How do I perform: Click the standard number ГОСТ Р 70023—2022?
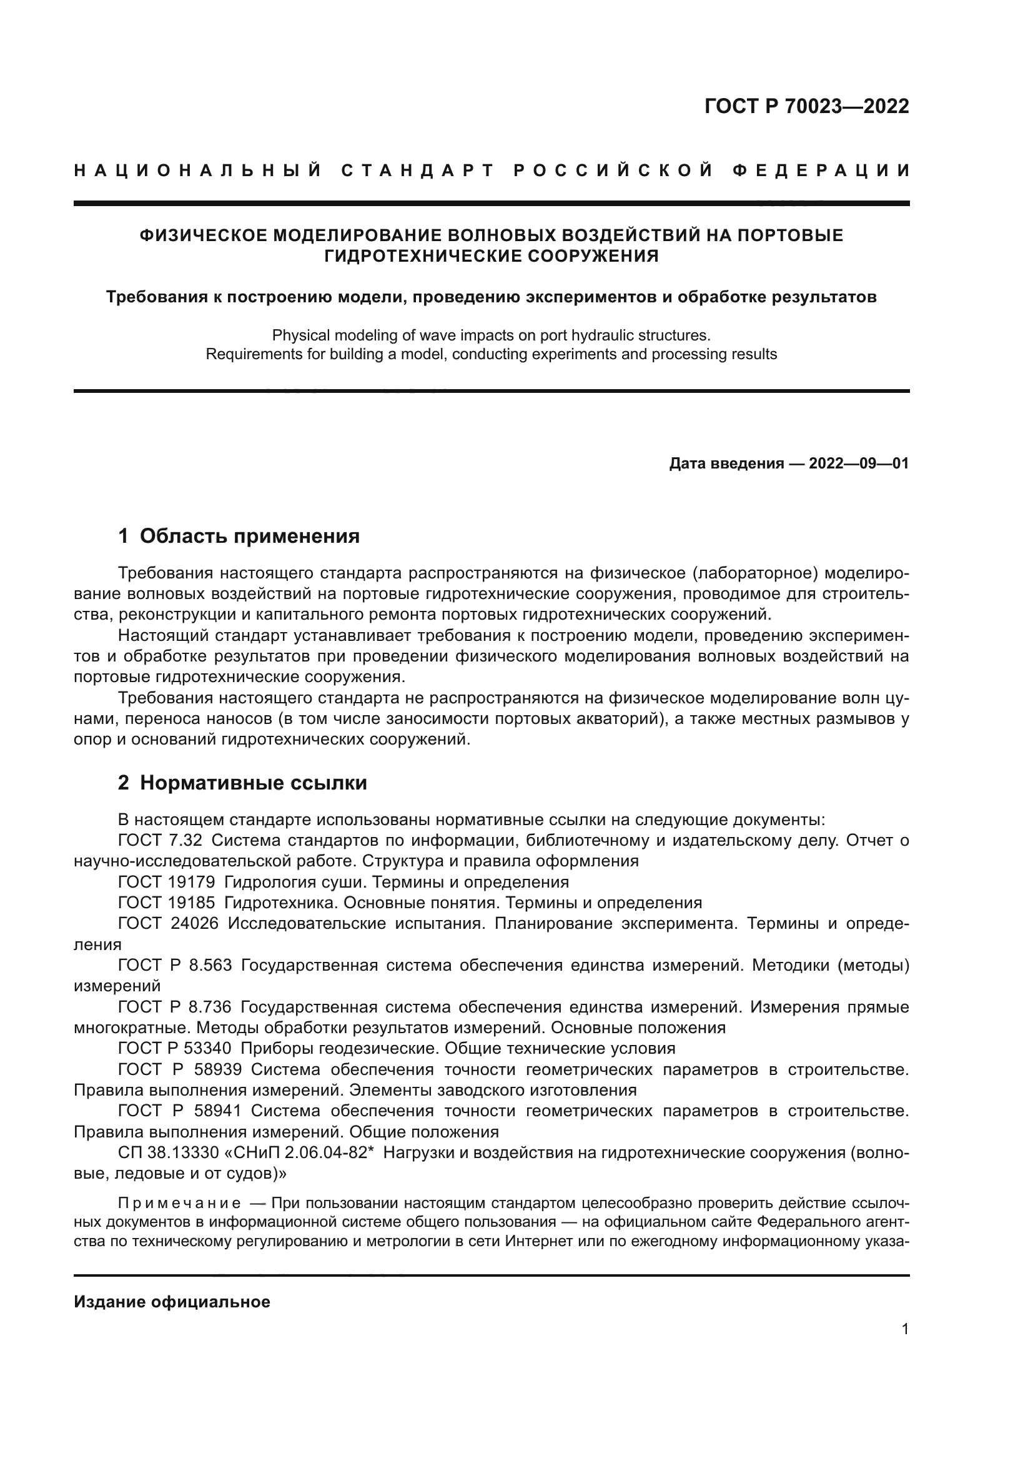click(806, 106)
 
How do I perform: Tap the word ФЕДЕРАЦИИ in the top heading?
click(822, 171)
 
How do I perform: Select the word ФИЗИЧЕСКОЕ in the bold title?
click(203, 235)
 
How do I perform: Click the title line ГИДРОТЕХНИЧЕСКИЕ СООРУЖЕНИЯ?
click(491, 257)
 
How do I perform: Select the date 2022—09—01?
click(859, 464)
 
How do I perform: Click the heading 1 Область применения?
click(239, 537)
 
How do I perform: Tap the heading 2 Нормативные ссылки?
click(242, 783)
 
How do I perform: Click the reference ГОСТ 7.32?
click(160, 841)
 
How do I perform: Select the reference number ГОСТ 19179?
click(166, 883)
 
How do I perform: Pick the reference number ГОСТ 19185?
click(166, 903)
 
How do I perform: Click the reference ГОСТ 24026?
click(168, 924)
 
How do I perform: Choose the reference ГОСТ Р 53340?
click(174, 1048)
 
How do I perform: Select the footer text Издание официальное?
click(172, 1302)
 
